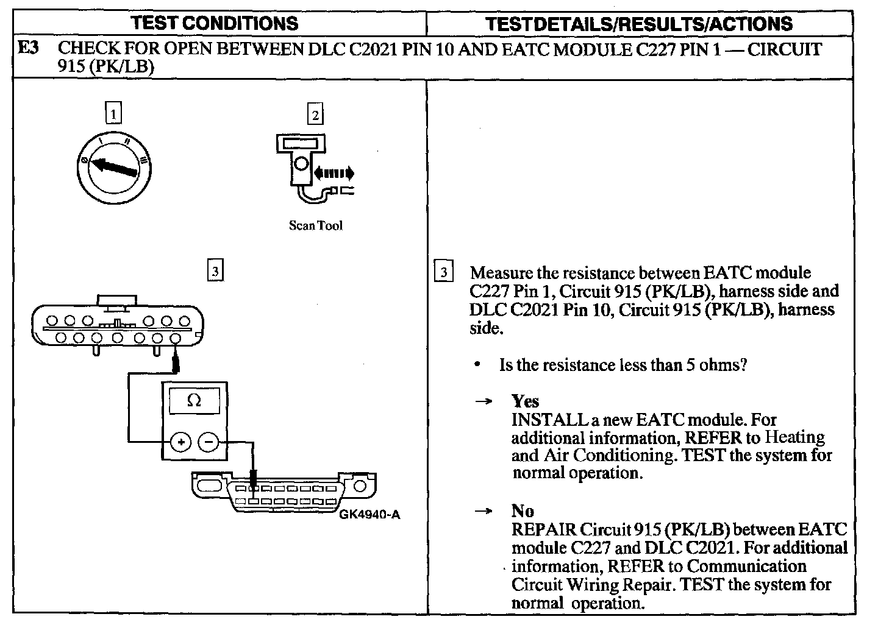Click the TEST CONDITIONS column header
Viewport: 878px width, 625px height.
(x=215, y=24)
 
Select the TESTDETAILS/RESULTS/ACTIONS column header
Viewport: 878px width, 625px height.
(x=639, y=24)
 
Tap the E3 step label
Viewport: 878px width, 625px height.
(x=29, y=49)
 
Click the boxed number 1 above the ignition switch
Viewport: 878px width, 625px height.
(x=113, y=113)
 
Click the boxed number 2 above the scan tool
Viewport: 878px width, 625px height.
(x=315, y=114)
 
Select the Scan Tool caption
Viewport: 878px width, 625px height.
(x=315, y=225)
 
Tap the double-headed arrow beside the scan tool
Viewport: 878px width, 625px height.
(x=333, y=174)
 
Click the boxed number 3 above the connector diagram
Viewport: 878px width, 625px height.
(x=215, y=270)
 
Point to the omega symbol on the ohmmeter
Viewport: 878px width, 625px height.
(x=194, y=400)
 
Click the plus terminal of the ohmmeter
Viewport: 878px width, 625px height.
(x=180, y=442)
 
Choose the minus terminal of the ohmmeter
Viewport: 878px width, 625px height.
(x=209, y=442)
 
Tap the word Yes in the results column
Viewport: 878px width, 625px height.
(x=525, y=401)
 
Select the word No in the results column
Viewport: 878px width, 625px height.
(x=523, y=511)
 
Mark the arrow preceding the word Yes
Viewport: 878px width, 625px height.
(x=484, y=402)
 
